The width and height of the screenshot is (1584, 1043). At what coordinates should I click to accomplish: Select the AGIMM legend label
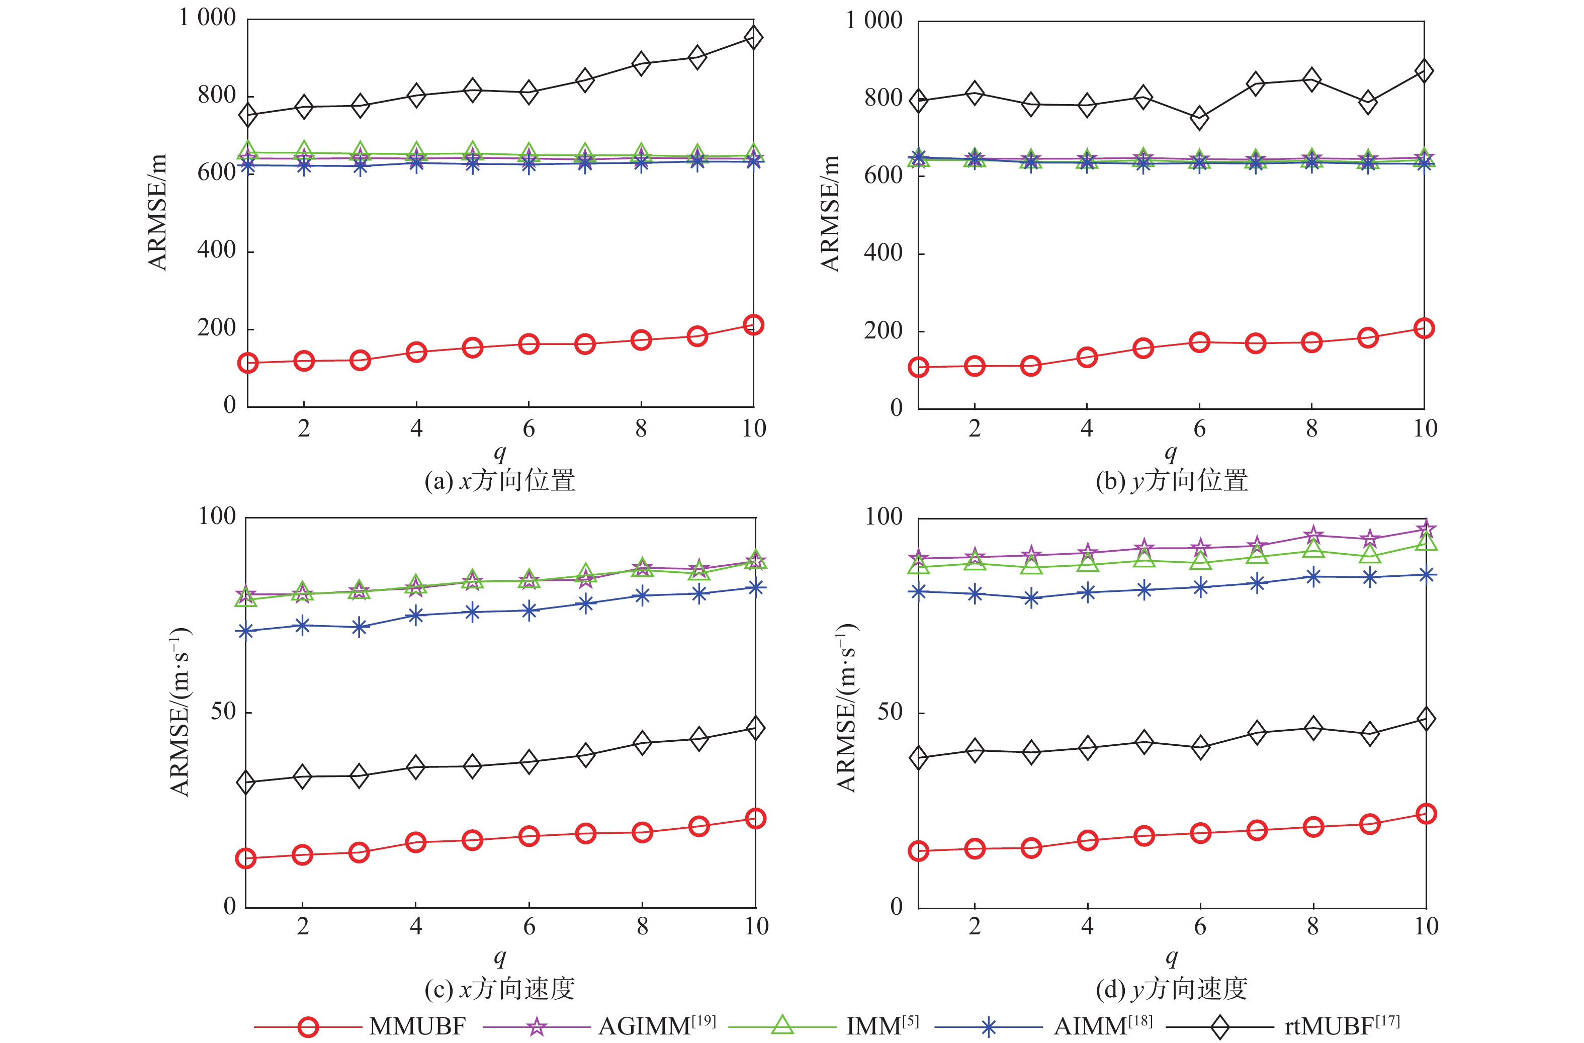click(656, 1025)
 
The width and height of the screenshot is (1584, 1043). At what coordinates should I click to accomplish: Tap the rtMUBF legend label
click(1341, 1025)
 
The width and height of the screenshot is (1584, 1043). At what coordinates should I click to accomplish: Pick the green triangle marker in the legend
click(782, 1025)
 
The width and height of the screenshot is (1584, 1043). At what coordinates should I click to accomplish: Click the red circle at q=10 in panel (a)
click(753, 325)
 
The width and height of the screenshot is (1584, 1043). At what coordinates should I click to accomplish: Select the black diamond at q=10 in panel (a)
click(753, 37)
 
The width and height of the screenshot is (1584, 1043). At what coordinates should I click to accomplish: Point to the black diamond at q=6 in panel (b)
click(1199, 119)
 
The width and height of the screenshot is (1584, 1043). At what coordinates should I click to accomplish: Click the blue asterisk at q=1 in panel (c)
click(246, 630)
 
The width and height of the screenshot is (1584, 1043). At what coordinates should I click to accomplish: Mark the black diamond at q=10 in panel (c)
click(755, 728)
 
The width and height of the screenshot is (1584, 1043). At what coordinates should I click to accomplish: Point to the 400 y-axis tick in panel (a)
click(216, 251)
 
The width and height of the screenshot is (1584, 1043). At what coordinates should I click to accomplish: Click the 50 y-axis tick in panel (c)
click(223, 712)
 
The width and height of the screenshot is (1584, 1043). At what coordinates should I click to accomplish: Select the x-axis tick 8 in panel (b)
click(1311, 428)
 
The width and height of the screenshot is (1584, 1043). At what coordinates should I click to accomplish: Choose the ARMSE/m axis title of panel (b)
click(830, 214)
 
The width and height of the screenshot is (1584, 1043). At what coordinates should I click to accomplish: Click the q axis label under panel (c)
click(500, 957)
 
